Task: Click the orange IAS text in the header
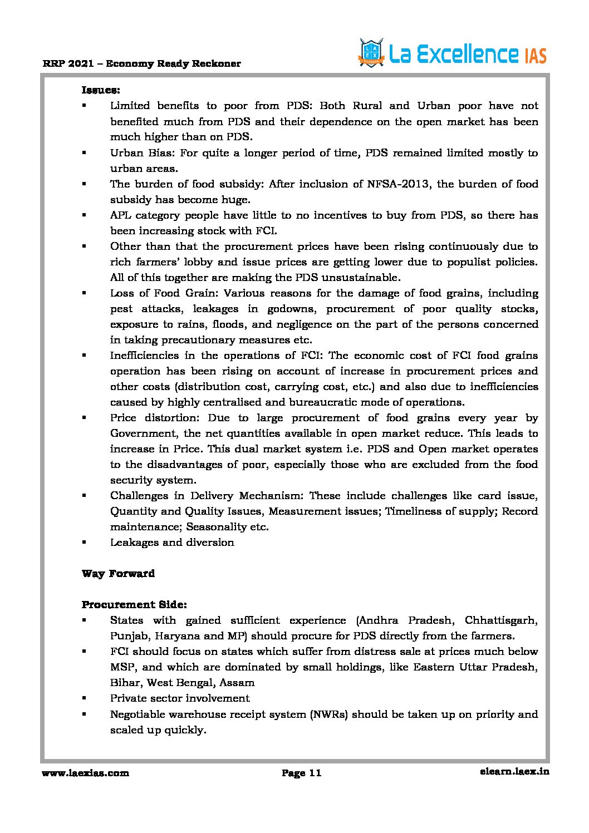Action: tap(535, 56)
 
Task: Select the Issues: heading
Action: tap(101, 90)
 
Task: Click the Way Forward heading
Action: tap(118, 574)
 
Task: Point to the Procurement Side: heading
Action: tap(134, 605)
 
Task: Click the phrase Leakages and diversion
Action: tap(172, 543)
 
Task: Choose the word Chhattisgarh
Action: tap(500, 620)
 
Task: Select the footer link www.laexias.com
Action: tap(85, 773)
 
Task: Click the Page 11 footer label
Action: tap(301, 773)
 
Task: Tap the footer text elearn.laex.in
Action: tap(514, 772)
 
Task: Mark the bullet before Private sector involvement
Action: tap(84, 698)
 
